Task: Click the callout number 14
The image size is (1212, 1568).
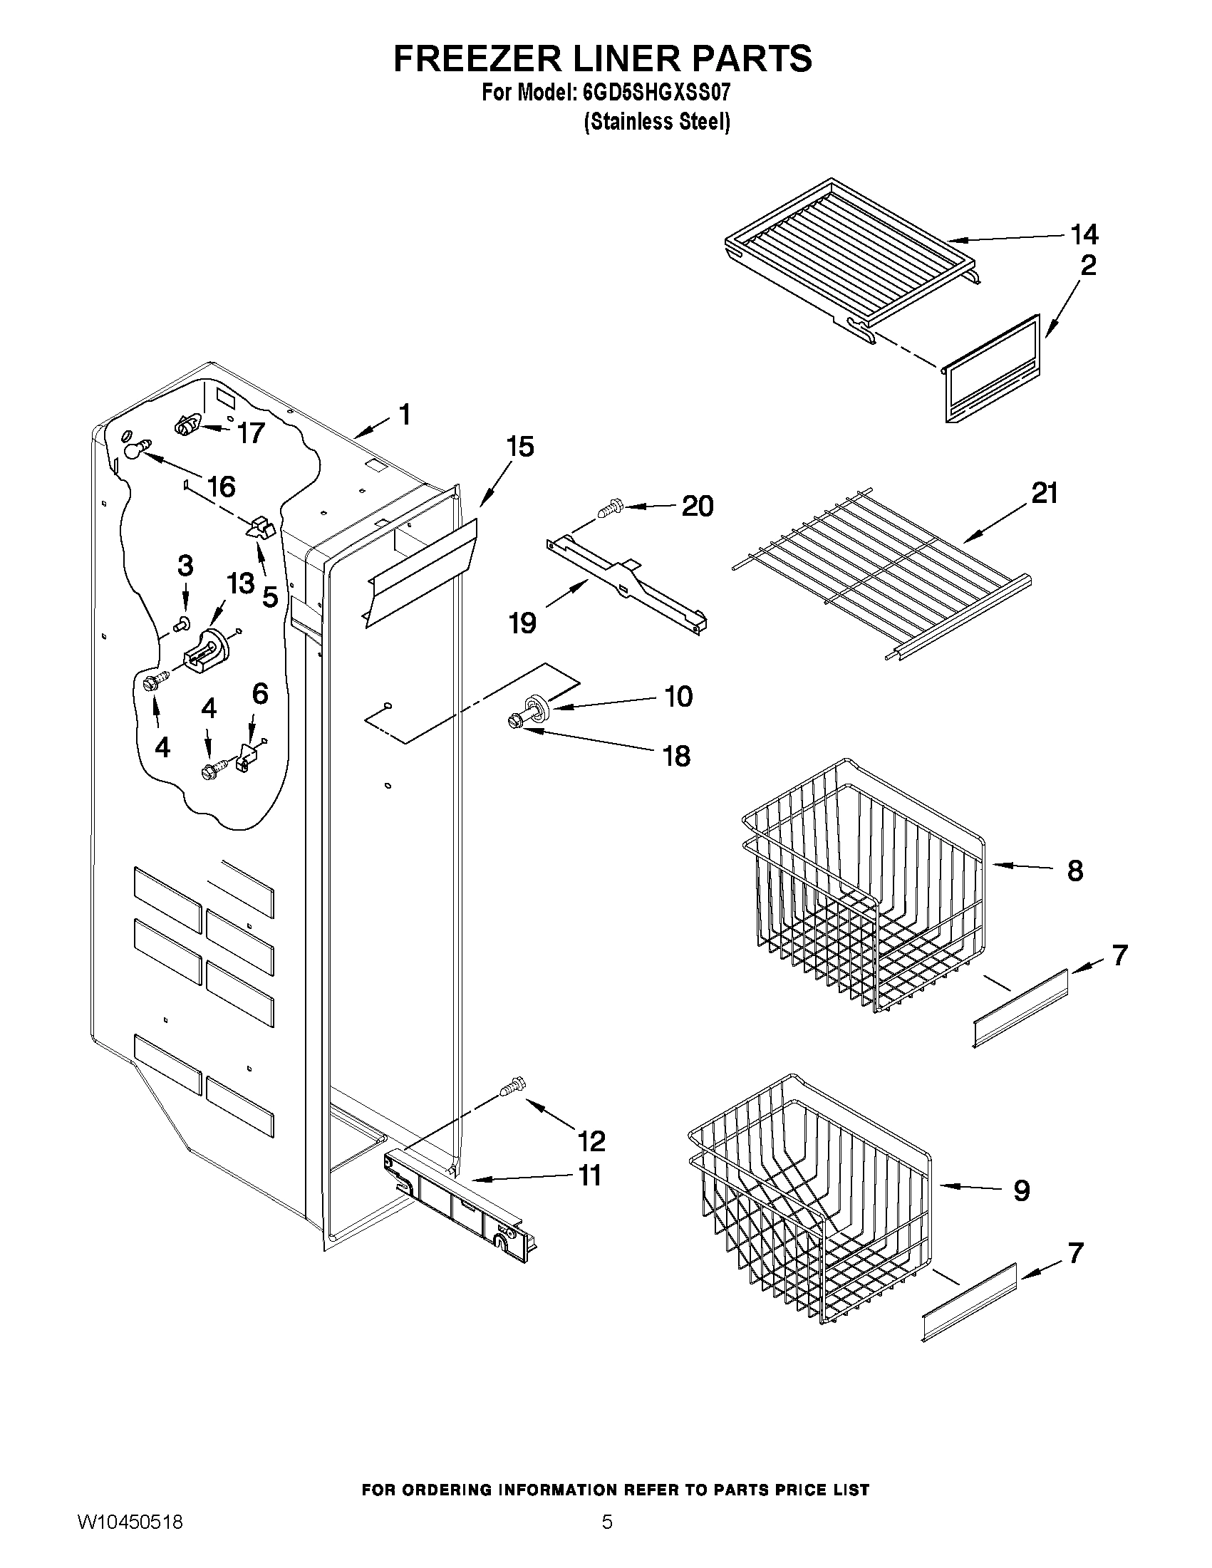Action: (x=1084, y=234)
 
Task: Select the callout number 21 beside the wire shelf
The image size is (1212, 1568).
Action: (x=1045, y=493)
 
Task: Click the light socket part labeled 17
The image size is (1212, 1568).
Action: (x=187, y=426)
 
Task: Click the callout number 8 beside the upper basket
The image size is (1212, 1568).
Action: (x=1075, y=871)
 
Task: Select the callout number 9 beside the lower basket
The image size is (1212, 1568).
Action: (x=1021, y=1190)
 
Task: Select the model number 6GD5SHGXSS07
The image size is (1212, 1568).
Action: (x=654, y=93)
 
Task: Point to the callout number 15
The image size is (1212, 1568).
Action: (x=520, y=447)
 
